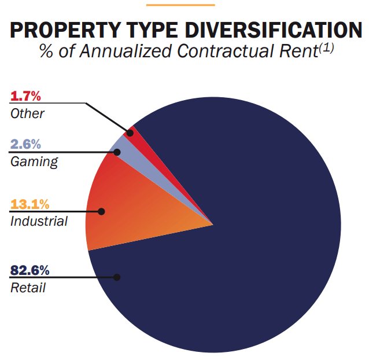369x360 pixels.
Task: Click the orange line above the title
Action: (180, 5)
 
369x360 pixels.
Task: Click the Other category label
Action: (27, 113)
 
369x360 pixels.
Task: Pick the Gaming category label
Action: (34, 161)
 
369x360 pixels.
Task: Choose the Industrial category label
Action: (39, 221)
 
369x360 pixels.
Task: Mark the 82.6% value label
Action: (30, 270)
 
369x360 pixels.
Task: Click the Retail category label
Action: (28, 287)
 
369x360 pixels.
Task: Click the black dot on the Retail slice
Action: (117, 277)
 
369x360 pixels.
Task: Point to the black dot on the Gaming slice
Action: (117, 152)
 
